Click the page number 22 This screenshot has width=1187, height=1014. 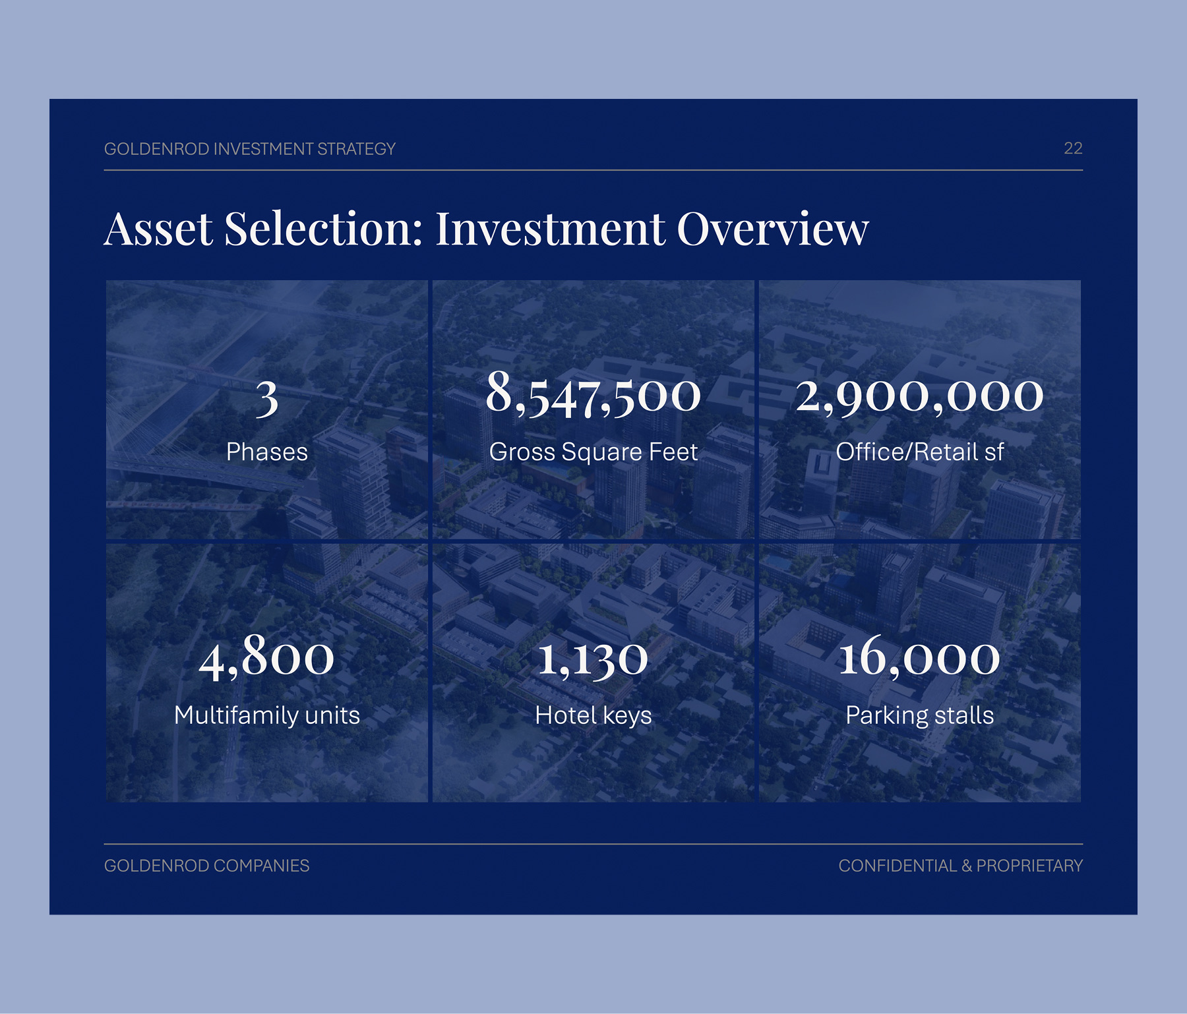(x=1073, y=148)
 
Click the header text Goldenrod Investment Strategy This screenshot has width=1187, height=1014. (x=250, y=149)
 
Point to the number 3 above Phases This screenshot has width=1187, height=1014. (x=267, y=399)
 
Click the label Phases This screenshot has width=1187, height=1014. (x=267, y=452)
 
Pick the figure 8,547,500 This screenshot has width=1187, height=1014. (x=593, y=394)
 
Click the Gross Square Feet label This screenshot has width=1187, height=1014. (x=593, y=452)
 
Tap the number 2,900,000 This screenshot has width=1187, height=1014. (x=920, y=397)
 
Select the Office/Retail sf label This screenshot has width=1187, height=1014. (x=920, y=452)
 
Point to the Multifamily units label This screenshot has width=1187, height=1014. (x=267, y=715)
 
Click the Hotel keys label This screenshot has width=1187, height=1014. (x=593, y=715)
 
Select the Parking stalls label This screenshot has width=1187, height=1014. (x=920, y=715)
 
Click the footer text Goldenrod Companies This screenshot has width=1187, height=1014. (x=207, y=866)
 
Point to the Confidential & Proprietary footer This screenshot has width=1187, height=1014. (x=961, y=866)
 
